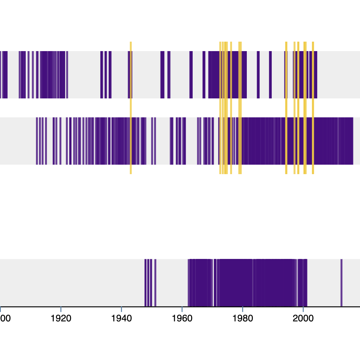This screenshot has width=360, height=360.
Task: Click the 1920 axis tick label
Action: coord(61,318)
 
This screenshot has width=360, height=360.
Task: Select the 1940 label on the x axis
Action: coord(121,318)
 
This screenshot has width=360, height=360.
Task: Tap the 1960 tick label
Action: coord(182,318)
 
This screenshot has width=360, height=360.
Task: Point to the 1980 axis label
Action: coord(243,318)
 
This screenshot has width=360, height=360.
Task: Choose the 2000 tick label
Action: coord(303,318)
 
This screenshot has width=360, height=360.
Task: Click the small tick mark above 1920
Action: coord(61,309)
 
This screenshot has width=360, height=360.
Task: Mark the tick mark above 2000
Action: coord(303,309)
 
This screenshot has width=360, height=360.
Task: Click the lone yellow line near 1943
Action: coord(131,108)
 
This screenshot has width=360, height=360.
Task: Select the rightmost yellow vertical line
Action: coord(313,108)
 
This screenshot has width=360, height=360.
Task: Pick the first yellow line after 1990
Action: coord(286,108)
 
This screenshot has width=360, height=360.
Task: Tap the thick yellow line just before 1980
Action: coord(240,108)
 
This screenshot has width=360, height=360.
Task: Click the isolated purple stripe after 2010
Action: coord(341,283)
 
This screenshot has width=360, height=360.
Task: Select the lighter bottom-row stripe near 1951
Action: coord(155,283)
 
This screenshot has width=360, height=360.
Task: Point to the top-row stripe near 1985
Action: coord(258,75)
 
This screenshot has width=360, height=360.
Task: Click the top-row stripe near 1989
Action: coord(270,75)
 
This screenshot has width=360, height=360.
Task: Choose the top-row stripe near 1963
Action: coord(191,75)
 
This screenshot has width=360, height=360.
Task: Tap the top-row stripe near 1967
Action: coord(204,75)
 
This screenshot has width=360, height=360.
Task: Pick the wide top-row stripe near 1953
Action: coord(162,75)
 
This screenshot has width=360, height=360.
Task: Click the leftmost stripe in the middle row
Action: coord(37,141)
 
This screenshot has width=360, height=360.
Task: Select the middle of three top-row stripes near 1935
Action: coord(106,75)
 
